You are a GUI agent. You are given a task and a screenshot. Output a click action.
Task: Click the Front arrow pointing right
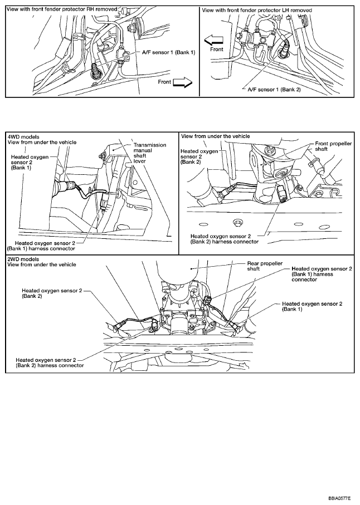pyautogui.click(x=182, y=82)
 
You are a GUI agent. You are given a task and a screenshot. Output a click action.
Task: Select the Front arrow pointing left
pyautogui.click(x=214, y=41)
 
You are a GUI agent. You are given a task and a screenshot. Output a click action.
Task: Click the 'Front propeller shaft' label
pyautogui.click(x=333, y=146)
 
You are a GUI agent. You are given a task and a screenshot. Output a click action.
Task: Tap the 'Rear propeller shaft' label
pyautogui.click(x=261, y=268)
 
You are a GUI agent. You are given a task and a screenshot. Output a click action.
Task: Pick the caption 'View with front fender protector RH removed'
pyautogui.click(x=61, y=10)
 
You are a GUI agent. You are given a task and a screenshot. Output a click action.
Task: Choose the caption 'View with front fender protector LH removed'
pyautogui.click(x=256, y=10)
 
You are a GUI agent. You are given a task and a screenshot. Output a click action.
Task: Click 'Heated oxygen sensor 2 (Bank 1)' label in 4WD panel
pyautogui.click(x=27, y=162)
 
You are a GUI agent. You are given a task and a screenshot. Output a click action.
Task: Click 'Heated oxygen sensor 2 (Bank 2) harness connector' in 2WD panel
pyautogui.click(x=50, y=362)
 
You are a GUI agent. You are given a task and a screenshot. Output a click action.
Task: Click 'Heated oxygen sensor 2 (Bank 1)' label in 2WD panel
pyautogui.click(x=312, y=307)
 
